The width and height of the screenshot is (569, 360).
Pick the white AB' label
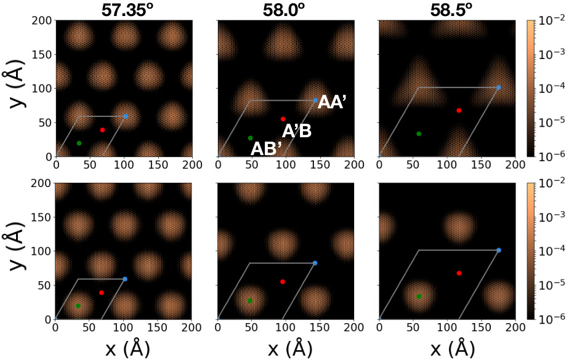pyautogui.click(x=266, y=148)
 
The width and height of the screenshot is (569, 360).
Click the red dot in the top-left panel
pyautogui.click(x=102, y=130)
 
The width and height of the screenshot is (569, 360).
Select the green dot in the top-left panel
pyautogui.click(x=79, y=143)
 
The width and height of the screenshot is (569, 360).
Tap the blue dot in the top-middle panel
pyautogui.click(x=315, y=100)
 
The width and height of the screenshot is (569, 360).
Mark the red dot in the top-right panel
pyautogui.click(x=459, y=111)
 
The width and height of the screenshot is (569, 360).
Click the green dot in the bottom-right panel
pyautogui.click(x=419, y=297)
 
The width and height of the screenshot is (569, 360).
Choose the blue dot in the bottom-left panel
pyautogui.click(x=125, y=279)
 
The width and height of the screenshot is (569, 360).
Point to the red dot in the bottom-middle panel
pyautogui.click(x=283, y=282)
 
